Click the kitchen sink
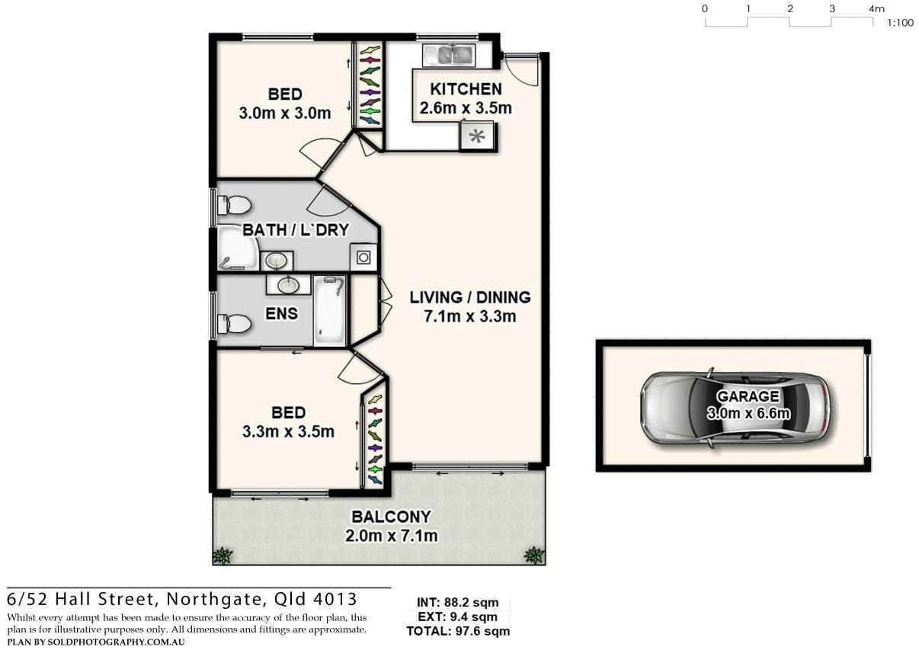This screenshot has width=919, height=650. pyautogui.click(x=449, y=54)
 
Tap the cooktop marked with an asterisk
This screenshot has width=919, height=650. pyautogui.click(x=477, y=137)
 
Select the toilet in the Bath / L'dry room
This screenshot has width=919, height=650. pyautogui.click(x=234, y=205)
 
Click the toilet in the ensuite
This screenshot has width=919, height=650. pyautogui.click(x=234, y=325)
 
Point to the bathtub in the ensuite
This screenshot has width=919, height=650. pyautogui.click(x=330, y=310)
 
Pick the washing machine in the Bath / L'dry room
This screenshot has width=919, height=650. pyautogui.click(x=363, y=257)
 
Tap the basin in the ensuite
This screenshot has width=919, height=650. pyautogui.click(x=288, y=286)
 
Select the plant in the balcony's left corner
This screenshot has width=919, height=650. pyautogui.click(x=222, y=555)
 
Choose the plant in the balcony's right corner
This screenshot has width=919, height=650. pyautogui.click(x=534, y=555)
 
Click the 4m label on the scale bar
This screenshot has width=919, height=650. pyautogui.click(x=876, y=9)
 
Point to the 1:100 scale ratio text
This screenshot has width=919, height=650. pyautogui.click(x=900, y=23)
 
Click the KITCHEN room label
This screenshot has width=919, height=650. pyautogui.click(x=466, y=89)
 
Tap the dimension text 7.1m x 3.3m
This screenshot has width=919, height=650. pyautogui.click(x=470, y=316)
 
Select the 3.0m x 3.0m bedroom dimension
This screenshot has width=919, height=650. pyautogui.click(x=285, y=114)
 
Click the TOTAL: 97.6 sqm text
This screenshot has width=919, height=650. pyautogui.click(x=458, y=631)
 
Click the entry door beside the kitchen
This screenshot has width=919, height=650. pyautogui.click(x=524, y=69)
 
